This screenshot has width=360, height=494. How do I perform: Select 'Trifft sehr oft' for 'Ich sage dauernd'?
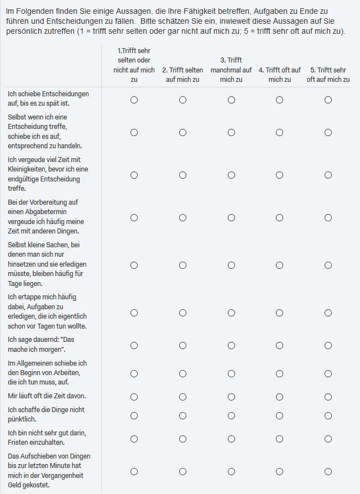click(x=328, y=345)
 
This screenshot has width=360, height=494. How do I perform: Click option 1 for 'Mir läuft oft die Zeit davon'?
click(x=134, y=397)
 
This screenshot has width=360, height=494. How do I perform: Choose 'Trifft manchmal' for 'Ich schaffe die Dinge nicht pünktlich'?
click(x=231, y=415)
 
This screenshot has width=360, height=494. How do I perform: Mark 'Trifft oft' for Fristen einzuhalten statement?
click(x=280, y=439)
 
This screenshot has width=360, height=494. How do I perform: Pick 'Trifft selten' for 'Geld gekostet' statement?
click(x=182, y=471)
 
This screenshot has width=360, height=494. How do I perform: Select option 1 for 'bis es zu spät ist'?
click(x=134, y=100)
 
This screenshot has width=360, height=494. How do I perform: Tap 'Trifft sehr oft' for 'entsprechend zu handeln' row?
click(x=328, y=132)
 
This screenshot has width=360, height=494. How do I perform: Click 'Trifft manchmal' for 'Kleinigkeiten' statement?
click(x=231, y=175)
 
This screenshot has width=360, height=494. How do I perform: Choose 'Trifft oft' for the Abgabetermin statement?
click(x=280, y=217)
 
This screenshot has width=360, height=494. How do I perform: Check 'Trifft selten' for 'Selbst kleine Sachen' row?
click(x=182, y=265)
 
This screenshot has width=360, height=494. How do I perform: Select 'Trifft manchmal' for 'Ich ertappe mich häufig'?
click(x=231, y=313)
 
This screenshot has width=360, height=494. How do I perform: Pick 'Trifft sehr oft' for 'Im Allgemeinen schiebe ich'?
click(x=328, y=373)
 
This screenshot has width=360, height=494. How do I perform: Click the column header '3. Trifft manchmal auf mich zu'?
click(x=231, y=70)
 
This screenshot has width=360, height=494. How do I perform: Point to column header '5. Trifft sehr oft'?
click(x=328, y=74)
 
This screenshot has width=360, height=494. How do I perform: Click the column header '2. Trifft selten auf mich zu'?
click(x=182, y=74)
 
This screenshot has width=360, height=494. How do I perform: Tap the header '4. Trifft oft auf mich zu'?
click(x=280, y=74)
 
